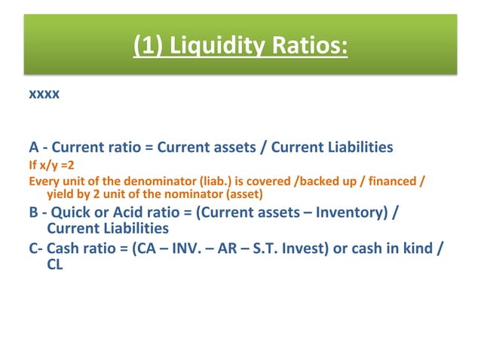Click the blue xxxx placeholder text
44,96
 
